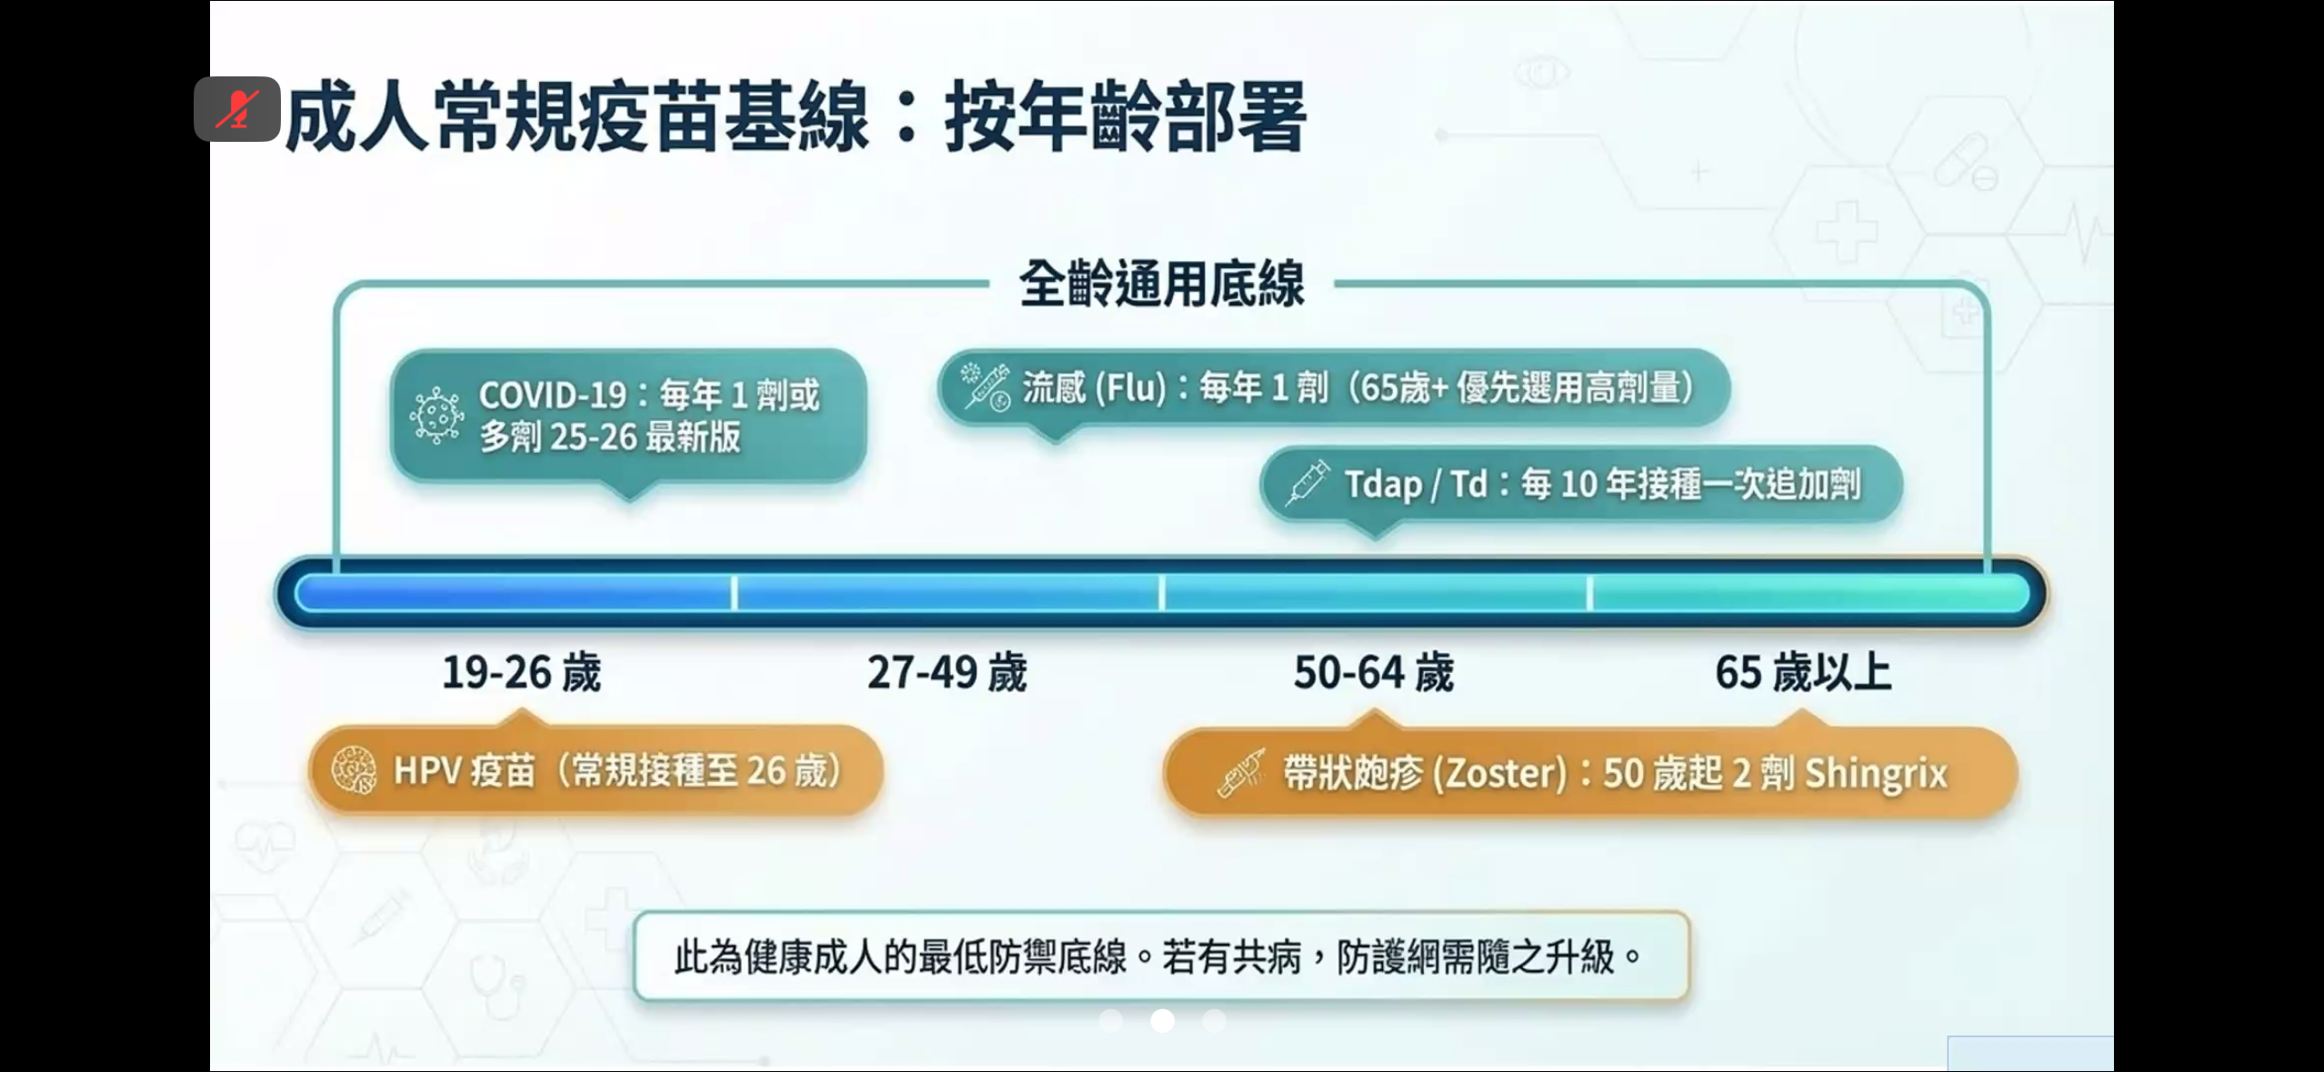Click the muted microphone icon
click(236, 109)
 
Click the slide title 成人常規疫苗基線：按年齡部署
click(796, 117)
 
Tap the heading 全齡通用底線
click(1162, 284)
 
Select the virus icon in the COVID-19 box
click(436, 416)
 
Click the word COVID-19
click(553, 396)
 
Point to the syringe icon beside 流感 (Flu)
click(986, 388)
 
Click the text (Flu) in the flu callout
click(1131, 388)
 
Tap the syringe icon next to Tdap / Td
click(1307, 483)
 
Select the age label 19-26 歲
click(522, 673)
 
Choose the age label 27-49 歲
click(947, 673)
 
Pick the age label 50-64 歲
click(1374, 673)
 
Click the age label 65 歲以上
click(1803, 673)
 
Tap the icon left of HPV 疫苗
click(354, 771)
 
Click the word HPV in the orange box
click(427, 771)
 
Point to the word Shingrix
click(1876, 774)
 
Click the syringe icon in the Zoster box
click(1241, 774)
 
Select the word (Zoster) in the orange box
click(1500, 774)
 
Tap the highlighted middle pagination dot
click(1162, 1021)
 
